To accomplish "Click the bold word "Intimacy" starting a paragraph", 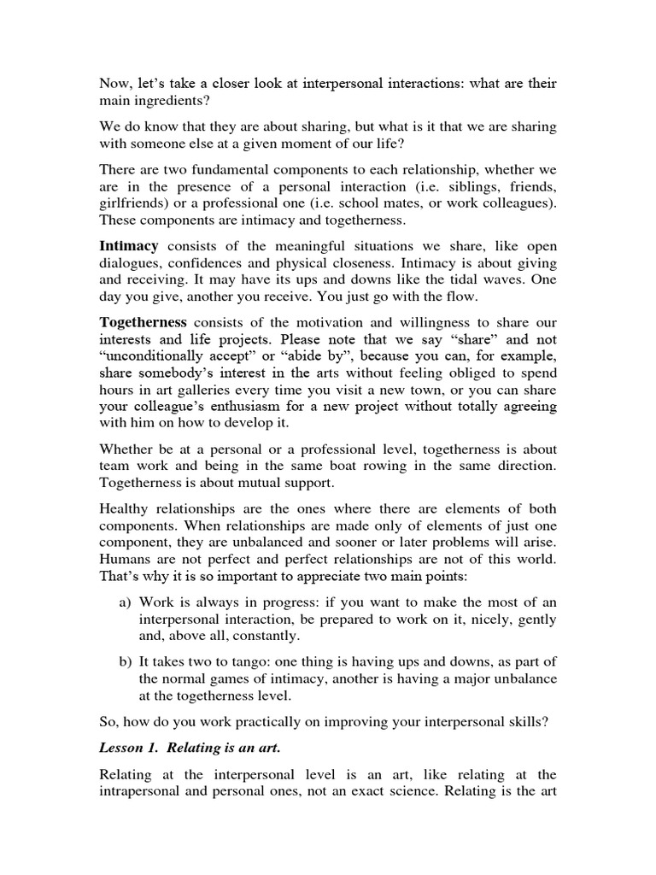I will click(129, 246).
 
